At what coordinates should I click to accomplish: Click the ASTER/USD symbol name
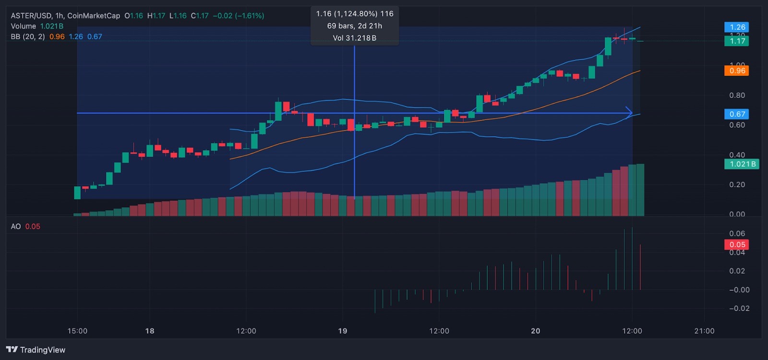30,16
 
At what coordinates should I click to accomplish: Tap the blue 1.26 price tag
737,27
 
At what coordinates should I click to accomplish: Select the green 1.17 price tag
737,41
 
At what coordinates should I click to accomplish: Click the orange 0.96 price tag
737,71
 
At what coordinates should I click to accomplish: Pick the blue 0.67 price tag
737,114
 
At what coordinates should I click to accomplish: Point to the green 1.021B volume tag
742,164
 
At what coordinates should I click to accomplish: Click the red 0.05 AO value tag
737,245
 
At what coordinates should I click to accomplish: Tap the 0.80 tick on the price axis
737,96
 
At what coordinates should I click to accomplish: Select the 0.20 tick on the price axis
737,185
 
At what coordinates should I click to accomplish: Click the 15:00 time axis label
77,331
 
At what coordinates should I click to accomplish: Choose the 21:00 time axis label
704,331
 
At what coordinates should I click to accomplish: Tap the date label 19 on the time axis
342,331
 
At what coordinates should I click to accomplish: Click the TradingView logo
36,350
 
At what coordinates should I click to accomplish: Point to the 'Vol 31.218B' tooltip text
355,38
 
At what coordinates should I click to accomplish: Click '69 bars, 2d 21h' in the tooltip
355,26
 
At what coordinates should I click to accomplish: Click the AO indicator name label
16,227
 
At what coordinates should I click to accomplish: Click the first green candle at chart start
77,192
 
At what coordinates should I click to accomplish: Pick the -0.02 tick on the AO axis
739,309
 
